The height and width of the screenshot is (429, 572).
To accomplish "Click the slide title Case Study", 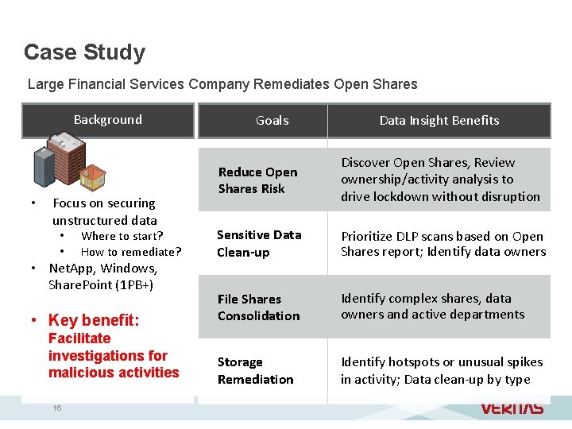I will (84, 52).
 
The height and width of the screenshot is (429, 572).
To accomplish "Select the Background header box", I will (108, 120).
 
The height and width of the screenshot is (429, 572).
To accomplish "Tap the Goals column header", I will (272, 121).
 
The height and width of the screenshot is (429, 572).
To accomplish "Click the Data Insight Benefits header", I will (439, 121).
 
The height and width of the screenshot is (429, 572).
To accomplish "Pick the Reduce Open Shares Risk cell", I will (257, 180).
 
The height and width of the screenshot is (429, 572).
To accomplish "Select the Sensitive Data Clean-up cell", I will (259, 243).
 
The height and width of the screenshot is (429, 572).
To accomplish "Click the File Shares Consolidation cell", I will (258, 307).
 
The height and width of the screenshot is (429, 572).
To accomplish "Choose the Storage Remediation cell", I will (255, 370).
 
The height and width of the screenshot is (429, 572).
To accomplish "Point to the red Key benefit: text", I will (94, 320).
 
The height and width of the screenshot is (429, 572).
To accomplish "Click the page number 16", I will (57, 408).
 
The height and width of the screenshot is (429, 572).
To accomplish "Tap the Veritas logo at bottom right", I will (512, 408).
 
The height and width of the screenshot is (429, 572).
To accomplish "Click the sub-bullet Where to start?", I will (122, 236).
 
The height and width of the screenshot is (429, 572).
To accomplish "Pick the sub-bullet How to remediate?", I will (131, 252).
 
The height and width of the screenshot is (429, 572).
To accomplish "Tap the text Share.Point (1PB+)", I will (101, 284).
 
